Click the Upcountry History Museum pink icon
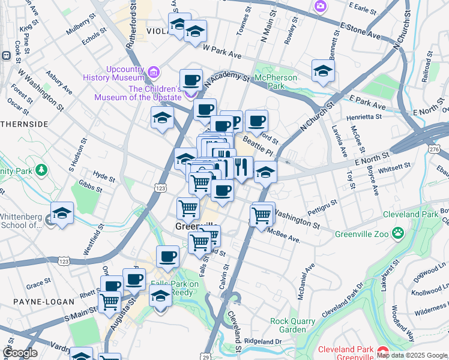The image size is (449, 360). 154,73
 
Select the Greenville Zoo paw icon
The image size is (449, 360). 397,232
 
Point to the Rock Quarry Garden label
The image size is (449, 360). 292,325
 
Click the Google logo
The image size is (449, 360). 19,353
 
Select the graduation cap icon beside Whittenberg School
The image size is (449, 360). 61,214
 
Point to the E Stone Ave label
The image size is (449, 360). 360,31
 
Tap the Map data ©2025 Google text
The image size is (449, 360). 411,355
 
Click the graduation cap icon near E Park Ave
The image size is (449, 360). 323,71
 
